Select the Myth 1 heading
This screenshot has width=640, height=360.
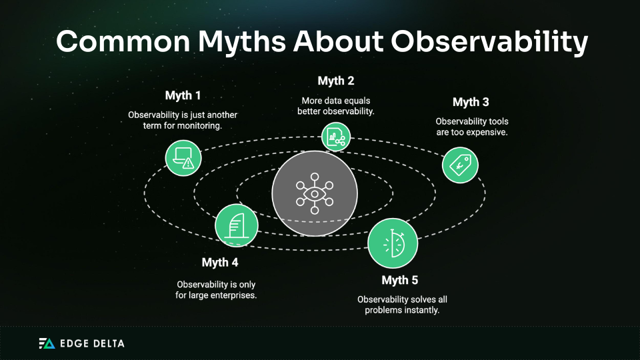pos(183,95)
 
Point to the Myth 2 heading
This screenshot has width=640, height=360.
pos(335,81)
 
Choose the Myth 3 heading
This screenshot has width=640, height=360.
pos(471,102)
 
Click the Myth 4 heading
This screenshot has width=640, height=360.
pos(220,263)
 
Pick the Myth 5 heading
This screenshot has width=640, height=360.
pos(400,280)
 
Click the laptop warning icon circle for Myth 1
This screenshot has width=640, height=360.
pos(183,158)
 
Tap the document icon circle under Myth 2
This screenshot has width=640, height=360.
pos(335,136)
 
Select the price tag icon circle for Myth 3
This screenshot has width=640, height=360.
pos(460,164)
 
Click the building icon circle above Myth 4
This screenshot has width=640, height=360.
pos(235,225)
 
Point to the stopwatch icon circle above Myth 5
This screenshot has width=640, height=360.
pos(393,243)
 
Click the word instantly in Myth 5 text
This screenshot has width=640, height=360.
pos(423,310)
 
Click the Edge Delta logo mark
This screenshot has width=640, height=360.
pos(47,343)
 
